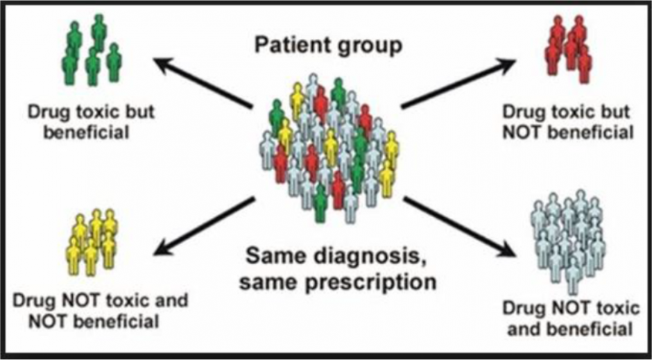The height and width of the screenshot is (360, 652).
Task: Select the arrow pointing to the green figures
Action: pyautogui.click(x=202, y=84)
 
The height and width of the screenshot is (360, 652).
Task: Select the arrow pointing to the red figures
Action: pyautogui.click(x=458, y=84)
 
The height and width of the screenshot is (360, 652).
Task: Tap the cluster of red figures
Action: pyautogui.click(x=569, y=48)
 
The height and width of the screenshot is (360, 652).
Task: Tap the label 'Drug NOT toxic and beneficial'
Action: pyautogui.click(x=569, y=318)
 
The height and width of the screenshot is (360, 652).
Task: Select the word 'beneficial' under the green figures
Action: pyautogui.click(x=87, y=130)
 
